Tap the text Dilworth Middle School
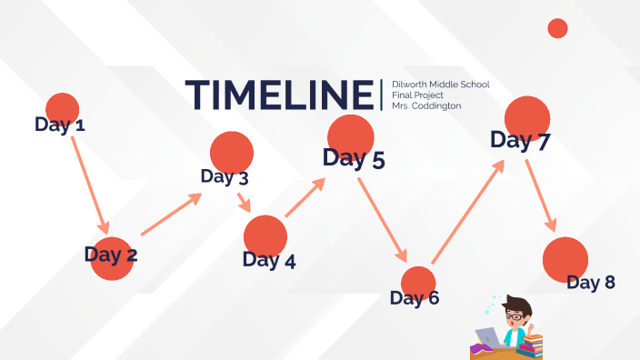(440, 85)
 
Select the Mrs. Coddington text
(426, 105)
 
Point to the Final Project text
(416, 95)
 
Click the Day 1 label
(60, 125)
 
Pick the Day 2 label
(111, 255)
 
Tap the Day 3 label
(225, 177)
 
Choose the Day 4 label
(269, 261)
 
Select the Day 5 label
(354, 159)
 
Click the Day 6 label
(415, 297)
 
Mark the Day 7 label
(521, 141)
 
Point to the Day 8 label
(591, 283)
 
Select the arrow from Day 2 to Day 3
(171, 215)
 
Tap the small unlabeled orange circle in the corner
(557, 28)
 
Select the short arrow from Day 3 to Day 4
(245, 202)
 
